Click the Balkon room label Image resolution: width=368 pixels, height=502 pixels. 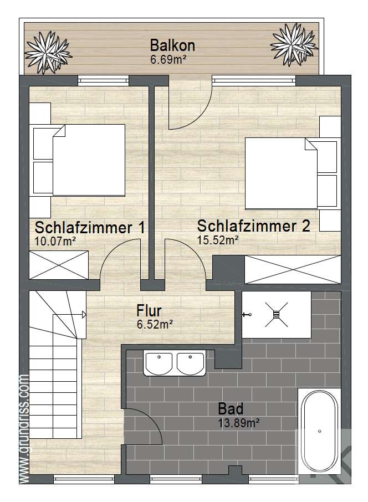tap(172, 46)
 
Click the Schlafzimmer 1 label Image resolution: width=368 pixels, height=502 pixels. tap(90, 228)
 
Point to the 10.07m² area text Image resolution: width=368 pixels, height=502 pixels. tap(55, 241)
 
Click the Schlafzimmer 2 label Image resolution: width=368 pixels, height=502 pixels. tap(253, 226)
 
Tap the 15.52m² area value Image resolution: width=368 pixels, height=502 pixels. tap(218, 240)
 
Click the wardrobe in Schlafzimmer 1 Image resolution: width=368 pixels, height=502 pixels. tap(59, 265)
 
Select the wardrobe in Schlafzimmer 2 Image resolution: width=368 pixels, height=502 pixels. tap(293, 270)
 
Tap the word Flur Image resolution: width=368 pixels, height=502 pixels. tap(150, 311)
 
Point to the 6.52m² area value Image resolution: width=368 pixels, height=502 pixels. tap(155, 325)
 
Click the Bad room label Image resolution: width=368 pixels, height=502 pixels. tap(231, 409)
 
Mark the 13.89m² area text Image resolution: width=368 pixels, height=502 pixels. tap(239, 423)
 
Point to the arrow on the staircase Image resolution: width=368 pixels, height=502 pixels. tap(84, 315)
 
